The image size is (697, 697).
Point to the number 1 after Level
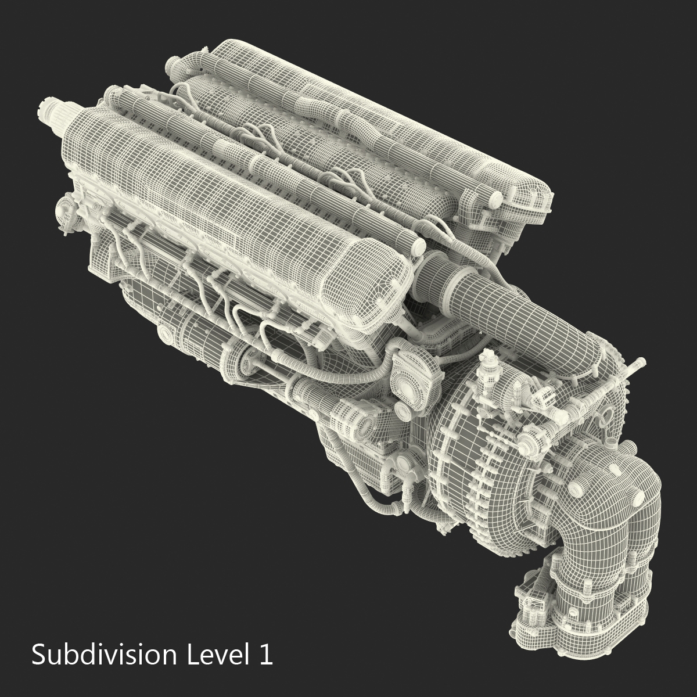[265, 655]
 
